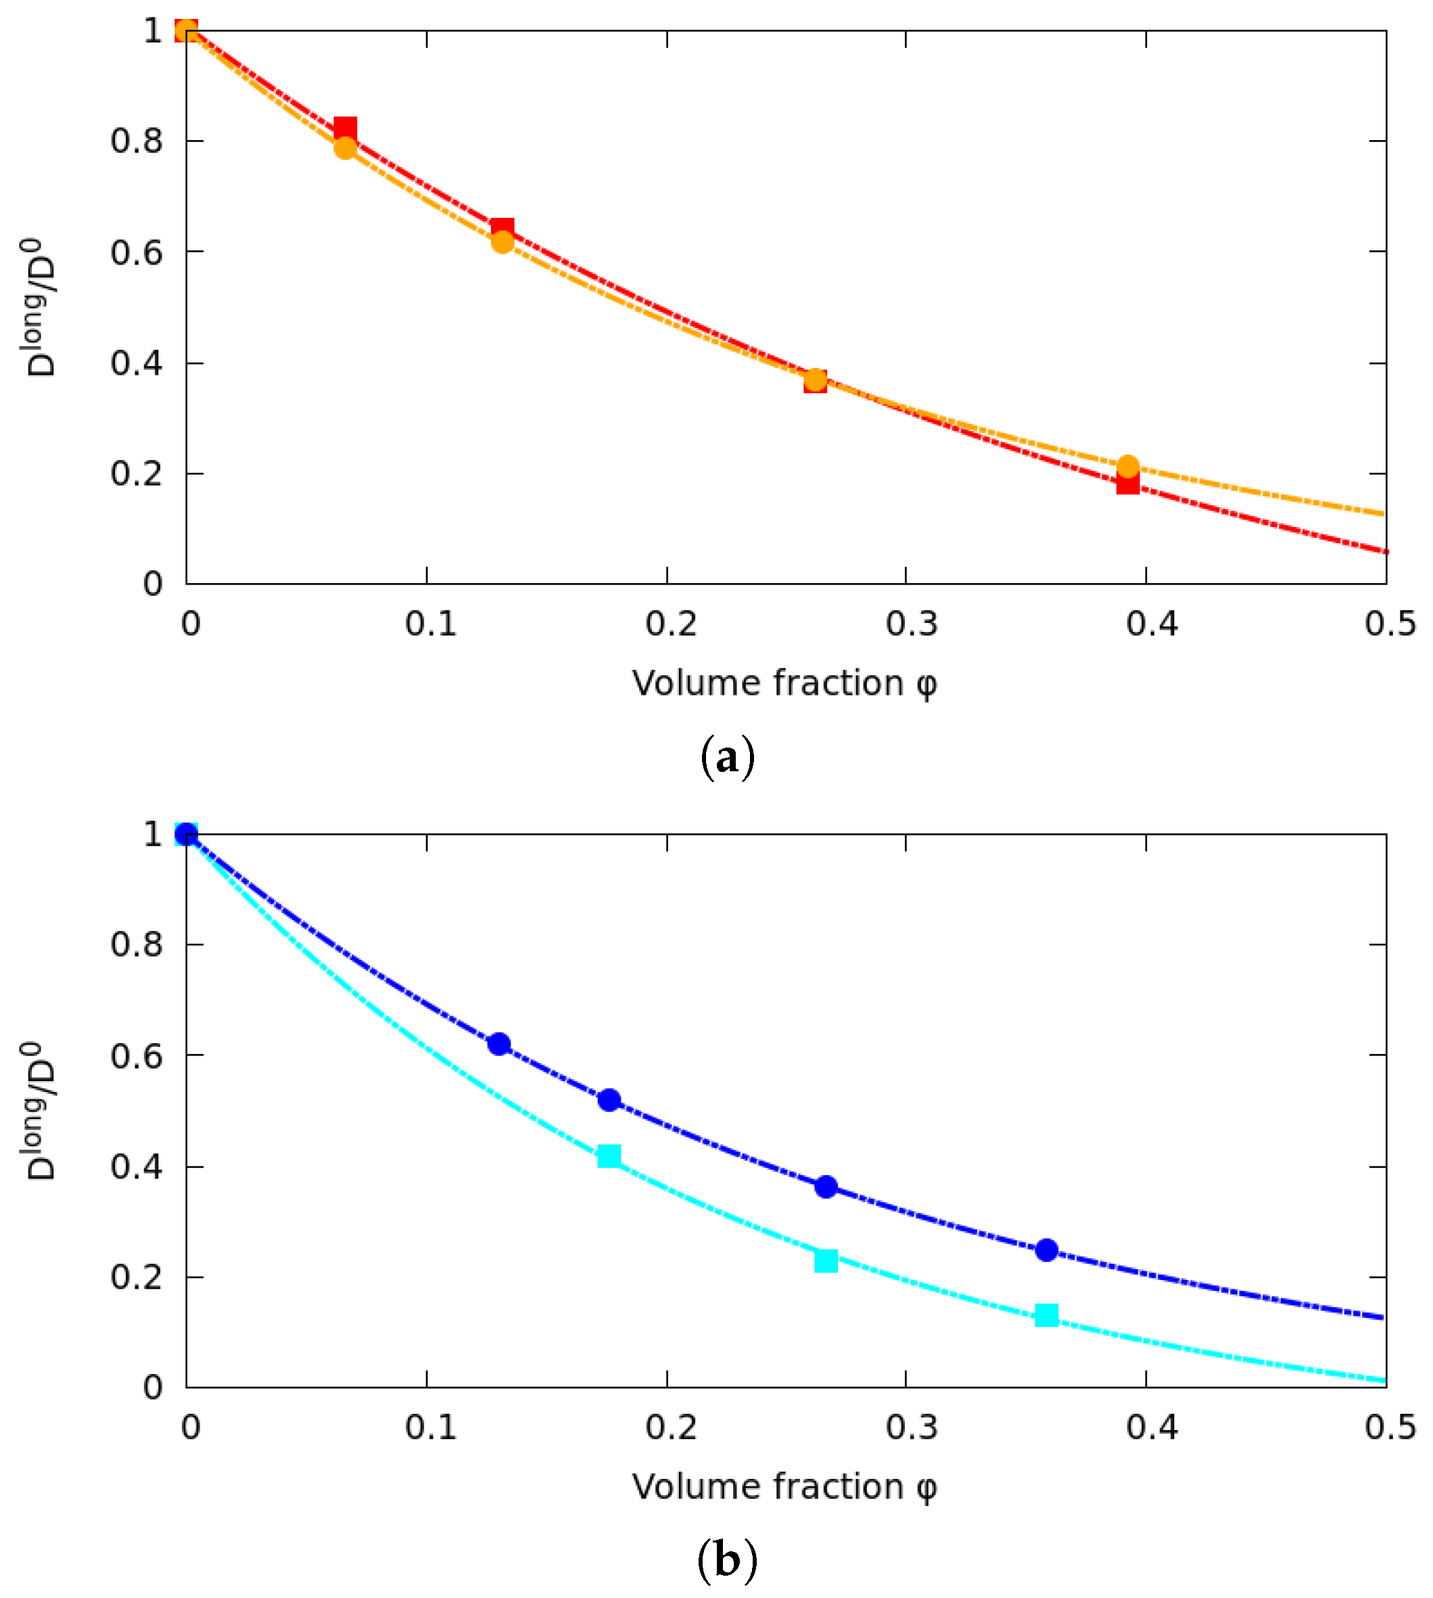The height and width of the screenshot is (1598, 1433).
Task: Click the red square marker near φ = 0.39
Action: coord(1127,482)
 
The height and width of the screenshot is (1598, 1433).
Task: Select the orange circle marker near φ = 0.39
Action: coord(1127,466)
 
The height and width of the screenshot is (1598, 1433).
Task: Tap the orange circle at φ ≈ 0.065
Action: coord(345,148)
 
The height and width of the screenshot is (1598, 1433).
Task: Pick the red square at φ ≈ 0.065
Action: coord(345,129)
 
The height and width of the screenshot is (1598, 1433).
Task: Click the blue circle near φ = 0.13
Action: coord(498,1045)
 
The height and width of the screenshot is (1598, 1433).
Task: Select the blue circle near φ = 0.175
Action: coord(609,1100)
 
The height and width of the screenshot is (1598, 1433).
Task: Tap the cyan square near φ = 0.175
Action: coord(609,1156)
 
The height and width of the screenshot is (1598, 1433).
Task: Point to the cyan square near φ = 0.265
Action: coord(826,1261)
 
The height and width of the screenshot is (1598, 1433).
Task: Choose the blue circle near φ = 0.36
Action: coord(1046,1250)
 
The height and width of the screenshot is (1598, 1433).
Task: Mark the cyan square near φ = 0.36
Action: coord(1046,1315)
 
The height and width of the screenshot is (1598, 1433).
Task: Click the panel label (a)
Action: coord(727,758)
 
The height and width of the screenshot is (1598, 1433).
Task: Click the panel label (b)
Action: coord(727,1560)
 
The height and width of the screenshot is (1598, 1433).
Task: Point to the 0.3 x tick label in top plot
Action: coord(911,624)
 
